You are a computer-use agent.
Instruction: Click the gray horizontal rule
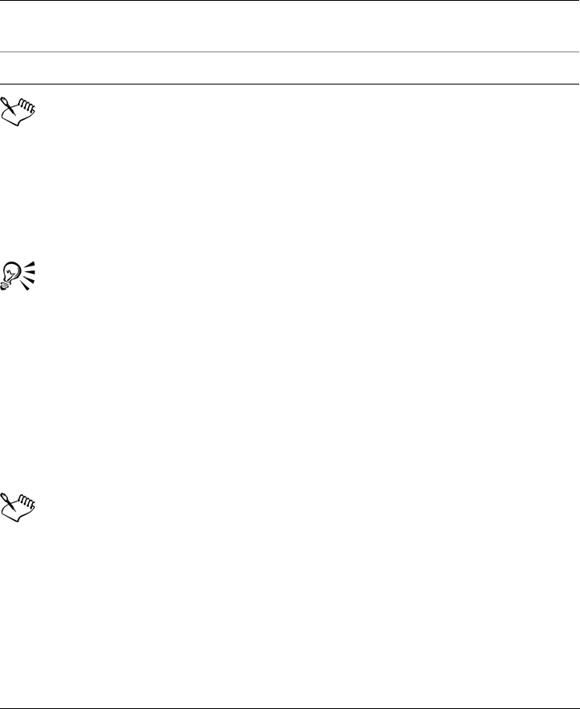point(290,52)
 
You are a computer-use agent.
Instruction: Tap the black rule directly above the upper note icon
point(290,84)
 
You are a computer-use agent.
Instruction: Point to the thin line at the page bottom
point(290,686)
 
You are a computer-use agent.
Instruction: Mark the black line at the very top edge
point(290,1)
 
